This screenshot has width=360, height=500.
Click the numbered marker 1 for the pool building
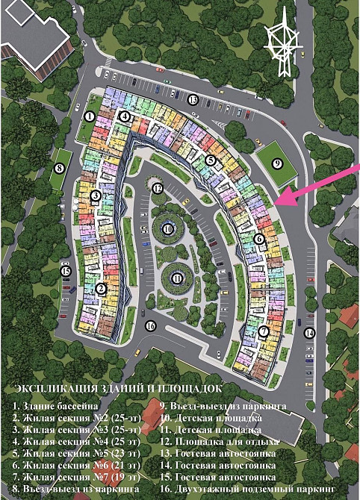89,116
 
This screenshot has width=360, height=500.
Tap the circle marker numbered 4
125,117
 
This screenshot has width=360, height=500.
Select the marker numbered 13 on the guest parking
193,99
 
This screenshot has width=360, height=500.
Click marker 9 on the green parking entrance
277,164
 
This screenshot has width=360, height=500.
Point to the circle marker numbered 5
211,160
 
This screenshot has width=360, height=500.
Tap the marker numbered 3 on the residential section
95,196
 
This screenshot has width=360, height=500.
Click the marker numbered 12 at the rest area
157,189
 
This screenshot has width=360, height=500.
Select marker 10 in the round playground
168,228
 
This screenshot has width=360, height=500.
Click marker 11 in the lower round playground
177,278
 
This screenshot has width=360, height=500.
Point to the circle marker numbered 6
258,239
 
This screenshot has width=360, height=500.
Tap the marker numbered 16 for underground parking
151,325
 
